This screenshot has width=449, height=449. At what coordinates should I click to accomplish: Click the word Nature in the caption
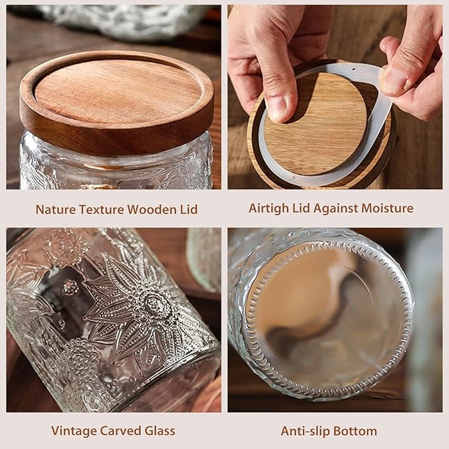[x=56, y=210]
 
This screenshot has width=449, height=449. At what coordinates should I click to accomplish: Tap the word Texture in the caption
[x=102, y=210]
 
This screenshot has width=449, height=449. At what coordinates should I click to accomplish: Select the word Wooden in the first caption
[x=153, y=210]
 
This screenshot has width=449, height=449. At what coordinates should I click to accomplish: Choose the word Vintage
[x=73, y=431]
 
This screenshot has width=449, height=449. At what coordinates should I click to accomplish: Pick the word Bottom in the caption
[x=356, y=431]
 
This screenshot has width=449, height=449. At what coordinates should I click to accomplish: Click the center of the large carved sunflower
[x=156, y=304]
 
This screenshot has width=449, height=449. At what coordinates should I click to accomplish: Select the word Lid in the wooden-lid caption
[x=187, y=210]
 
